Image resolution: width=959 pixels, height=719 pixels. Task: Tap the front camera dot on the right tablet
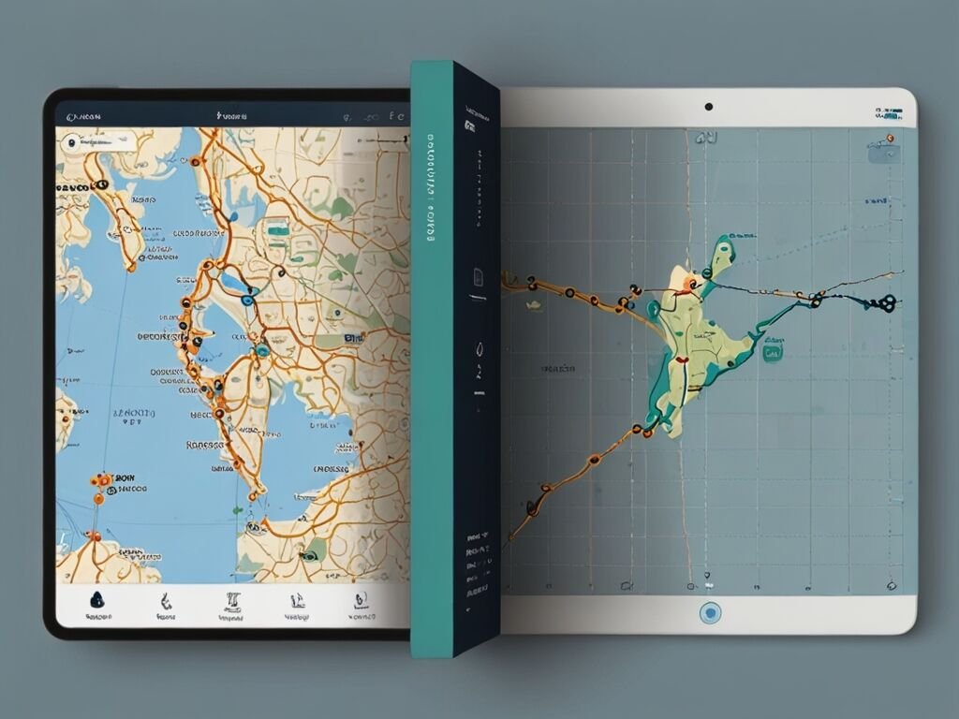709,107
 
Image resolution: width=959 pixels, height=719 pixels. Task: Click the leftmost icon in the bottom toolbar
96,601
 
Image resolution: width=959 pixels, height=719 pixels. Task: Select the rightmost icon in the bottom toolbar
359,601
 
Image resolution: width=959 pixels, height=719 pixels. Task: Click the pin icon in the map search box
70,143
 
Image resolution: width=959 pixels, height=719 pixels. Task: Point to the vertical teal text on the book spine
432,187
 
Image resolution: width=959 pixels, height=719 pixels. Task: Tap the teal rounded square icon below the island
773,353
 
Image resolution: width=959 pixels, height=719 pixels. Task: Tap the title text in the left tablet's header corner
83,117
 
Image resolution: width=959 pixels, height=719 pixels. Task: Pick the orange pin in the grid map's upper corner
889,139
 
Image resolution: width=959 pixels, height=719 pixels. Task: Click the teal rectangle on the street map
276,227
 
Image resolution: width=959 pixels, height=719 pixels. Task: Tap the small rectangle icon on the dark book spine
477,276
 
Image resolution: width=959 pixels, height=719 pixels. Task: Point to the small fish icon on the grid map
533,304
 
